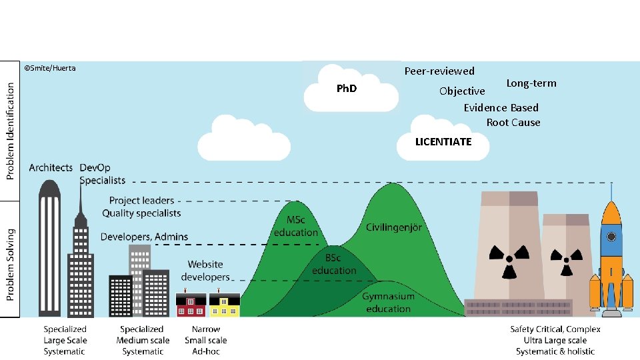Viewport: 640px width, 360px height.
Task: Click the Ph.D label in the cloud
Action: click(x=347, y=88)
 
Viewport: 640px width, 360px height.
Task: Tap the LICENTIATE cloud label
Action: click(x=443, y=141)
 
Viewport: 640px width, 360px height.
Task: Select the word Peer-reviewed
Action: click(x=439, y=71)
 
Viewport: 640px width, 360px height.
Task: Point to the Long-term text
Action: click(x=531, y=83)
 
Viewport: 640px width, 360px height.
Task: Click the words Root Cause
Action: click(x=513, y=122)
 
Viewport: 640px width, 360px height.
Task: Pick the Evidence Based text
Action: click(x=501, y=107)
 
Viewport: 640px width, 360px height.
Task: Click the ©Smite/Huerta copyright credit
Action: click(x=50, y=68)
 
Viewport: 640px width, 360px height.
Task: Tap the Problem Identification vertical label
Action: click(x=10, y=131)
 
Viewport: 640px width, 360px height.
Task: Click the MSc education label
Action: click(x=295, y=227)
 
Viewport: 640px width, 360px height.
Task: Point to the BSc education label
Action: click(x=333, y=264)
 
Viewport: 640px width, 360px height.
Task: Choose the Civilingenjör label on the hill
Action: click(x=393, y=227)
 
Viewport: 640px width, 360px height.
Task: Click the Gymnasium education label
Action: click(x=388, y=302)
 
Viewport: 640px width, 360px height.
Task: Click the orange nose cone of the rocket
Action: click(x=611, y=211)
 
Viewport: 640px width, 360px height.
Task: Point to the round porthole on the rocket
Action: click(x=611, y=236)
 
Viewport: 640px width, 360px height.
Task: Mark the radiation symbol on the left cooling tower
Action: click(x=505, y=261)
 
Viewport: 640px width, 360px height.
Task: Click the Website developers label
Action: click(x=205, y=271)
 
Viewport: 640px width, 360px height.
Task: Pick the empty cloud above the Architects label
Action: click(x=243, y=139)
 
